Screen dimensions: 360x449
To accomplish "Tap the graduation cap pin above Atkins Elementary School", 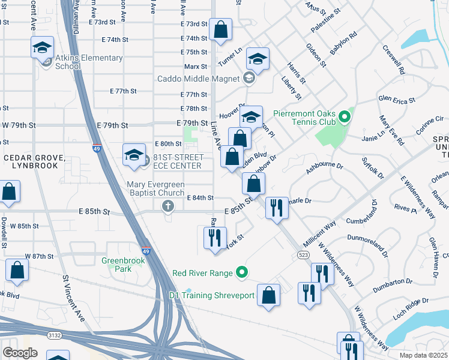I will (43, 47).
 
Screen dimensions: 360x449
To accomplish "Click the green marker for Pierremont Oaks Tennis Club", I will (344, 116).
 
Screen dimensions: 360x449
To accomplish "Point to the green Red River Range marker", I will (242, 273).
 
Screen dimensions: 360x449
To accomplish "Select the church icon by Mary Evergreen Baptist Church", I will (167, 206).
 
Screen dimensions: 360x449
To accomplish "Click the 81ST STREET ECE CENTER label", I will (178, 161).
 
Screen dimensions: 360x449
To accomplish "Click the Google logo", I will (20, 353).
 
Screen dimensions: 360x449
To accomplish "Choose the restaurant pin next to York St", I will (214, 237).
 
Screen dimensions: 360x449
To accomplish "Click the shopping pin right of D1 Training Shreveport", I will (268, 295).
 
